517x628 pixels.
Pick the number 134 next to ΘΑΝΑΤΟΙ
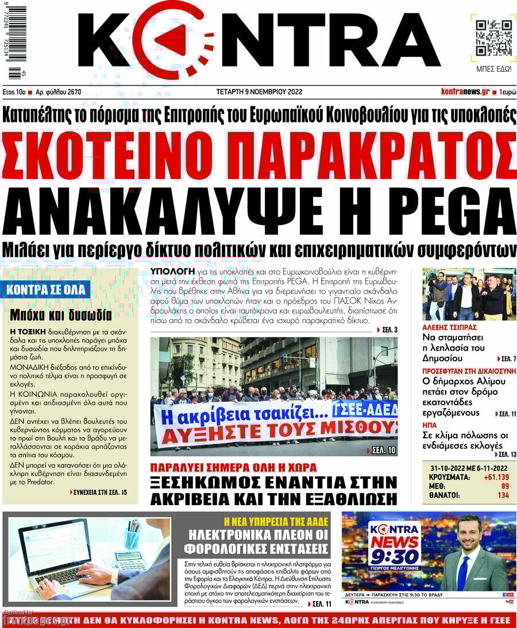coord(503,495)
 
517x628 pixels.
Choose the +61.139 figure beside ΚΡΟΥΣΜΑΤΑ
coord(497,477)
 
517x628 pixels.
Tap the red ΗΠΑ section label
coord(430,425)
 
